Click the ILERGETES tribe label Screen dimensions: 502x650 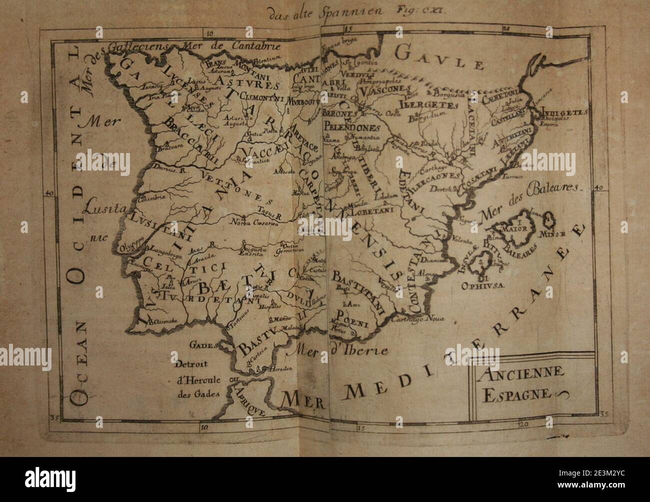428,105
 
